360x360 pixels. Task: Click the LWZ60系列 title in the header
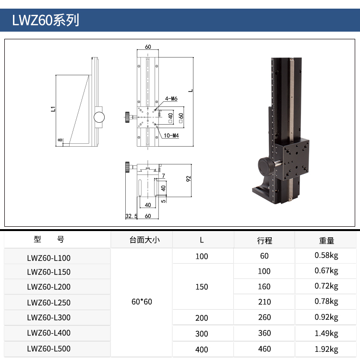click(x=46, y=20)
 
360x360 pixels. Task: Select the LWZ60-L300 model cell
click(x=49, y=317)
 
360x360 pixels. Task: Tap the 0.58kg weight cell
click(x=326, y=255)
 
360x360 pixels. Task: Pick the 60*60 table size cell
click(x=142, y=302)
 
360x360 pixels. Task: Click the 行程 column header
click(x=264, y=240)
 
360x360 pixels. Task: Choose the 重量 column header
click(x=326, y=240)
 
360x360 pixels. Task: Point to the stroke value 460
click(x=264, y=349)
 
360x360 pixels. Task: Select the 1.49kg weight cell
click(x=326, y=333)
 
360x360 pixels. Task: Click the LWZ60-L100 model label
click(x=49, y=258)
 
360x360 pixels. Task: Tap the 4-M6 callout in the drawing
click(x=171, y=98)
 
